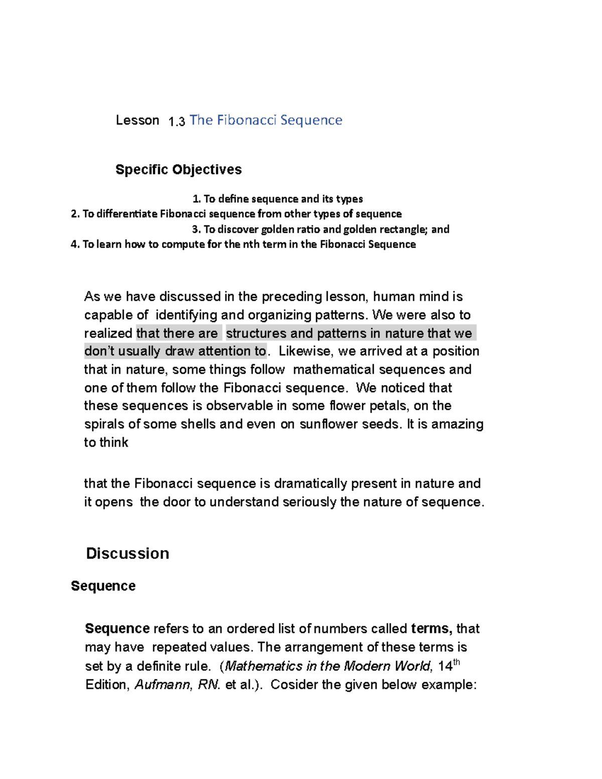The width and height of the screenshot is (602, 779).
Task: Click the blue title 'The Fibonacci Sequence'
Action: pos(265,120)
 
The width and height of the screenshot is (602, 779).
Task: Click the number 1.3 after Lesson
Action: pos(177,121)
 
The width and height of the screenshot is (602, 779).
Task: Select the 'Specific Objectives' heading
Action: pos(178,170)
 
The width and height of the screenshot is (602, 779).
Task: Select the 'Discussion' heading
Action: pos(127,553)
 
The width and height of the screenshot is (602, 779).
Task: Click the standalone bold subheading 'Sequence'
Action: pos(103,586)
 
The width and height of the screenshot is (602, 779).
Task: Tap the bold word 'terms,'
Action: pos(431,629)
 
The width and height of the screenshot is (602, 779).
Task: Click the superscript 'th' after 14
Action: pos(457,662)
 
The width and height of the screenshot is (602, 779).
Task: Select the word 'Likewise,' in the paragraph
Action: pos(305,351)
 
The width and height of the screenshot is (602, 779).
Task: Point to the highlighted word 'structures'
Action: pos(256,333)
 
